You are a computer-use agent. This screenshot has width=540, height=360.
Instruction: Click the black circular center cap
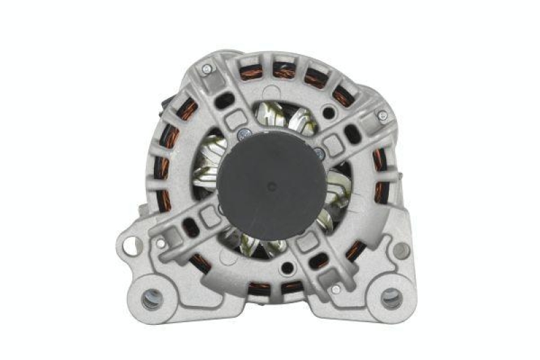click(x=271, y=182)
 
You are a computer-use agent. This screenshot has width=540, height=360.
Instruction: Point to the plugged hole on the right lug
click(x=402, y=250)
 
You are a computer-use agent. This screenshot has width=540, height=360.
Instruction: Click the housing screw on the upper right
click(x=382, y=115)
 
